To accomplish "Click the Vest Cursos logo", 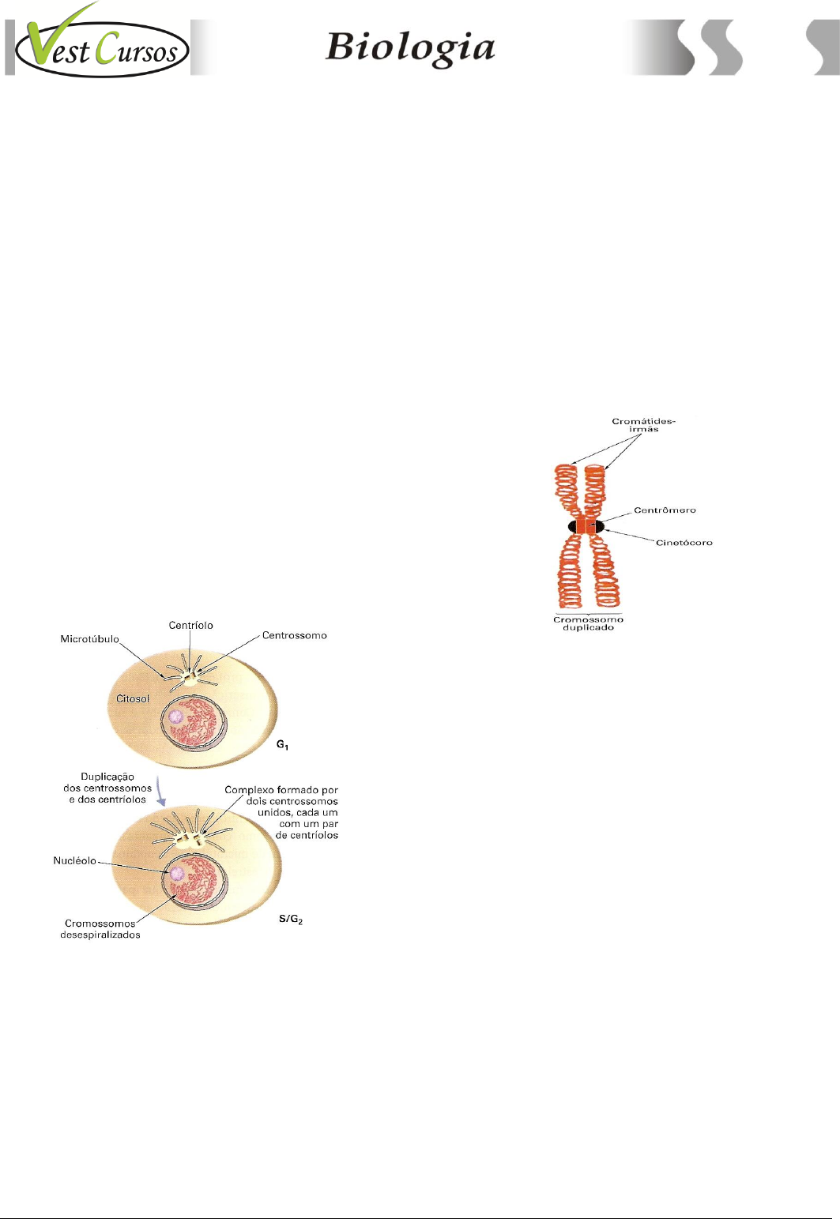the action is pyautogui.click(x=102, y=47).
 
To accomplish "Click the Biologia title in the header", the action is pyautogui.click(x=410, y=47).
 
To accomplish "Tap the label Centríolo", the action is pyautogui.click(x=190, y=625).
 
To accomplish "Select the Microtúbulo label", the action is pyautogui.click(x=89, y=638).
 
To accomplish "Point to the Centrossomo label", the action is pyautogui.click(x=294, y=635).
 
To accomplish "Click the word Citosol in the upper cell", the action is pyautogui.click(x=133, y=698).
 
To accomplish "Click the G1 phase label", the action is pyautogui.click(x=282, y=745).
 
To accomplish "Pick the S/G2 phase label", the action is pyautogui.click(x=291, y=920).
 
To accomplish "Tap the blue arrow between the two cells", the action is pyautogui.click(x=160, y=791).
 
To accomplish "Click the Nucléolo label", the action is pyautogui.click(x=74, y=860).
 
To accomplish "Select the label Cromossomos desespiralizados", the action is pyautogui.click(x=100, y=928).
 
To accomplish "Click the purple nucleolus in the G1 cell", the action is pyautogui.click(x=175, y=717).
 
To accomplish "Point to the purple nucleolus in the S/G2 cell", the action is pyautogui.click(x=177, y=873).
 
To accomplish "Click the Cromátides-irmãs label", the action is pyautogui.click(x=643, y=425).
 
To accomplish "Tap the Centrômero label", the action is pyautogui.click(x=665, y=510).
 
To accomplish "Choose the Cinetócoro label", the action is pyautogui.click(x=684, y=543).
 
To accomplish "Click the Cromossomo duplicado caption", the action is pyautogui.click(x=588, y=623).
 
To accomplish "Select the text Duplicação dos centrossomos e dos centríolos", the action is pyautogui.click(x=107, y=788).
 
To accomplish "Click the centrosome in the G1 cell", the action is pyautogui.click(x=190, y=676).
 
